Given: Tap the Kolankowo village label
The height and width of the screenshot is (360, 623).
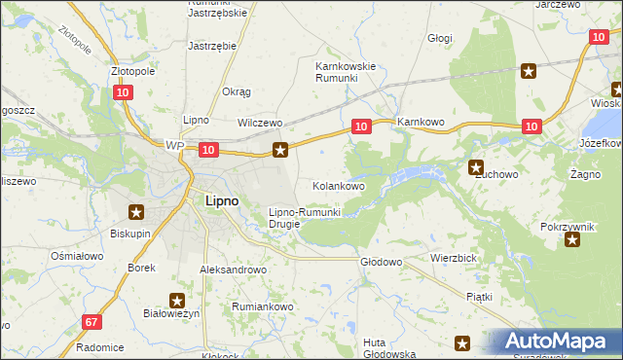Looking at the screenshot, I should (338, 185).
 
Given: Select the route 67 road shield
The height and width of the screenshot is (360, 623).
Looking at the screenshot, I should (92, 321).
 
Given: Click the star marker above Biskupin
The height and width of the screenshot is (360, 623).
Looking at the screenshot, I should (136, 212).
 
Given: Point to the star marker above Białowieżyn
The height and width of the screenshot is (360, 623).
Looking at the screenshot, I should (177, 302).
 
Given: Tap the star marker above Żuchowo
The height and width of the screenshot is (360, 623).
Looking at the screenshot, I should (476, 166).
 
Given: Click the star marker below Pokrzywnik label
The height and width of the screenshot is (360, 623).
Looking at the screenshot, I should (571, 239).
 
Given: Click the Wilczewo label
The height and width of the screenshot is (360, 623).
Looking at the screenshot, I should (260, 124).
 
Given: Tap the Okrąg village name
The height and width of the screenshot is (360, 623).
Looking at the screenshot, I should (237, 91).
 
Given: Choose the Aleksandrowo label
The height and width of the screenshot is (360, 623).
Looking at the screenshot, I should (233, 270).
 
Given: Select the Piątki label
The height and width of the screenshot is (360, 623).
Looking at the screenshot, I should (479, 296).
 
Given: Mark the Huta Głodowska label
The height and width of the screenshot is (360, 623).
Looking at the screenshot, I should (389, 348).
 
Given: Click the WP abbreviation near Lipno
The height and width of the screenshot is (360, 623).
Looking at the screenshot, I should (174, 146).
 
